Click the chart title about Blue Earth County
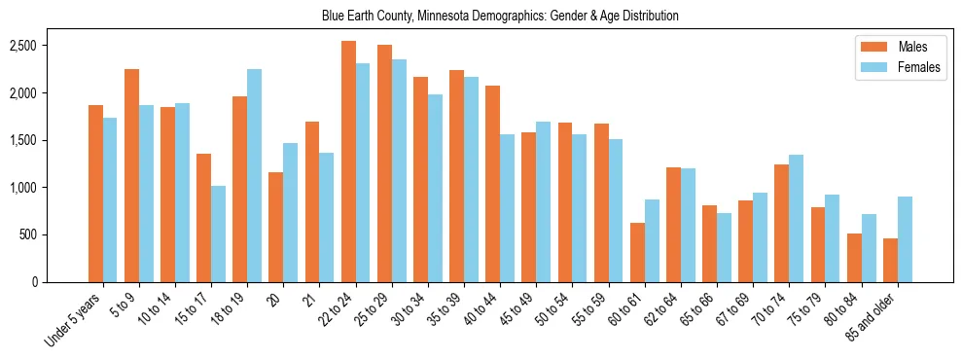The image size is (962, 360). click(499, 16)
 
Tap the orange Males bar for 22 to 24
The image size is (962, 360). click(348, 162)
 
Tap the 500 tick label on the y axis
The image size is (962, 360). click(55, 234)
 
